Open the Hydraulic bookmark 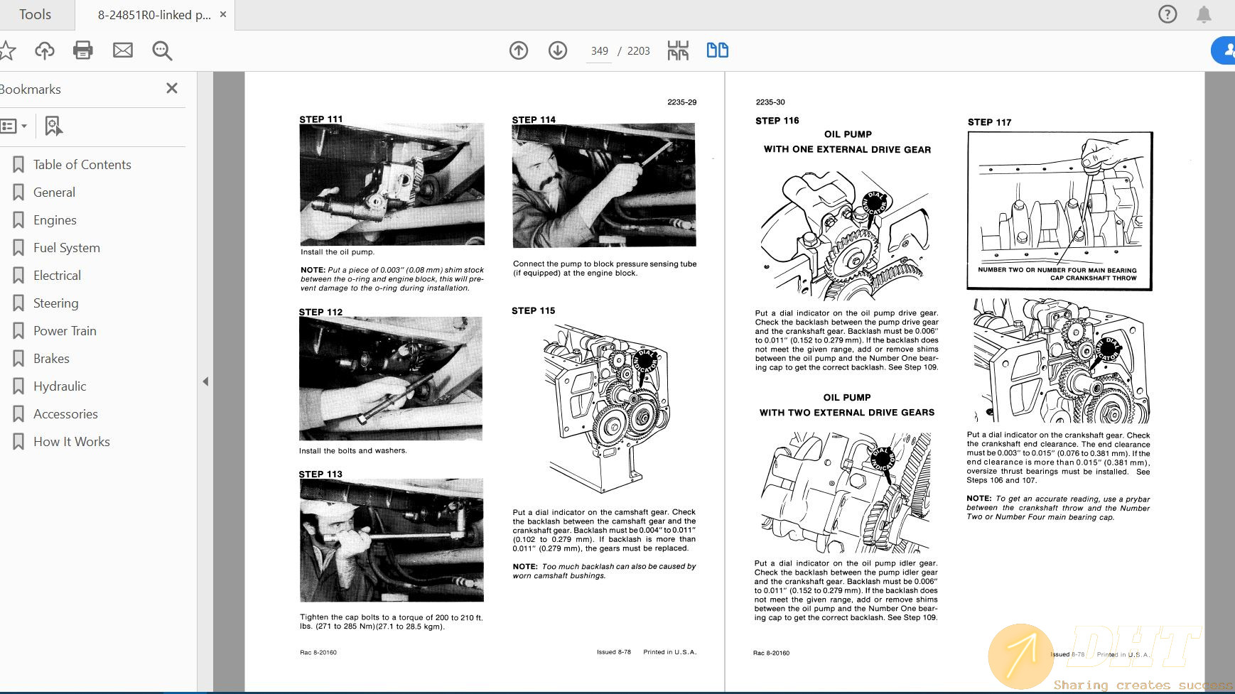pyautogui.click(x=60, y=386)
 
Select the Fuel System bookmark pyautogui.click(x=66, y=248)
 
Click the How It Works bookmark pyautogui.click(x=71, y=442)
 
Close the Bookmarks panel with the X pyautogui.click(x=171, y=88)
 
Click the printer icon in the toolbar pyautogui.click(x=83, y=50)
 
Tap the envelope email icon pyautogui.click(x=123, y=50)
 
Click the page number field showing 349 pyautogui.click(x=599, y=51)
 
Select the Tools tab pyautogui.click(x=35, y=15)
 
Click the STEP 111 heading pyautogui.click(x=320, y=119)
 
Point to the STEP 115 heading pyautogui.click(x=533, y=310)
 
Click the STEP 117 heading pyautogui.click(x=989, y=122)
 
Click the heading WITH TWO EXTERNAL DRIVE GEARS pyautogui.click(x=846, y=413)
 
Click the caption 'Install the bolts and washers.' pyautogui.click(x=352, y=451)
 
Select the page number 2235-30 pyautogui.click(x=770, y=102)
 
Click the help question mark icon pyautogui.click(x=1167, y=14)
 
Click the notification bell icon pyautogui.click(x=1204, y=14)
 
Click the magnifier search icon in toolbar pyautogui.click(x=162, y=50)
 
